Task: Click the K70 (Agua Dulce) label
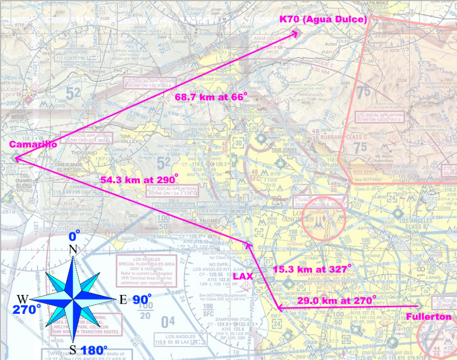(323, 19)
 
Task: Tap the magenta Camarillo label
(33, 145)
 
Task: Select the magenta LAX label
(243, 276)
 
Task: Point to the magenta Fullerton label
(429, 317)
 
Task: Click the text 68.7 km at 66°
(211, 96)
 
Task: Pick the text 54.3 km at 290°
(139, 180)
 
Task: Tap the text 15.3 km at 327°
(312, 268)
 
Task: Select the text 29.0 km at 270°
(337, 299)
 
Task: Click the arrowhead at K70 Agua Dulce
(297, 32)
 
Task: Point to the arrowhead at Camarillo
(15, 158)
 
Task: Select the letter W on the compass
(23, 299)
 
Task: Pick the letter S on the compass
(73, 349)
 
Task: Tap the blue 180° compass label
(94, 351)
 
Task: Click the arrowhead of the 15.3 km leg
(248, 244)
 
